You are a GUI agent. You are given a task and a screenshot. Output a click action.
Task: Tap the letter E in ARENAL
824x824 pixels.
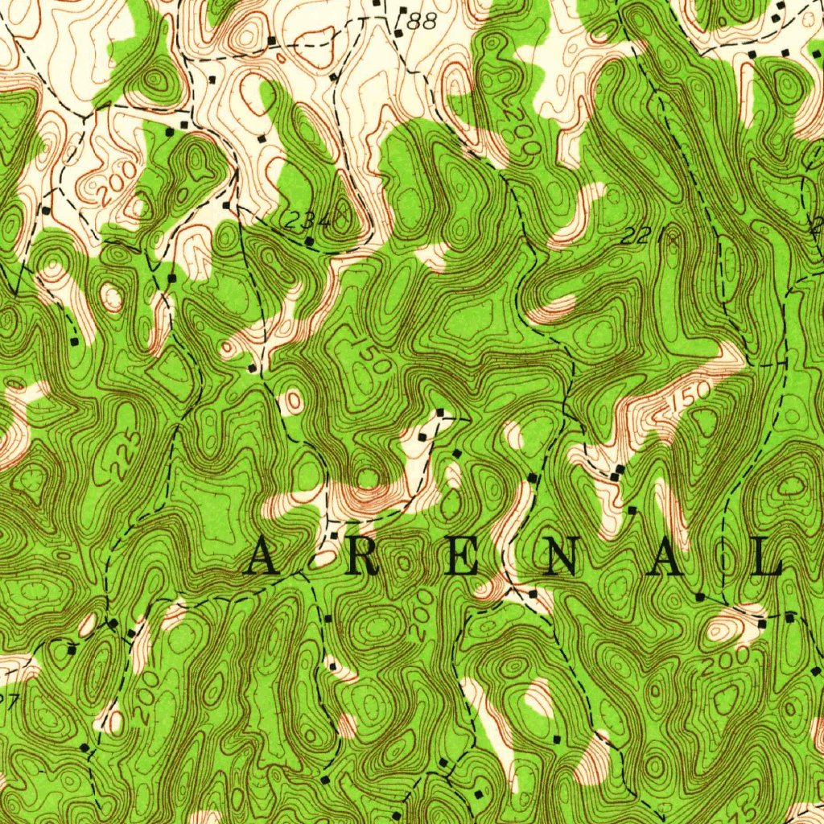pyautogui.click(x=463, y=558)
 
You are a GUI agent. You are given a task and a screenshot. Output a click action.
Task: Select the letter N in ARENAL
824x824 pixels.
pyautogui.click(x=560, y=558)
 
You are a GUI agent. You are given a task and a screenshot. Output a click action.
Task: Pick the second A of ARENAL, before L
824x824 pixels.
pyautogui.click(x=667, y=558)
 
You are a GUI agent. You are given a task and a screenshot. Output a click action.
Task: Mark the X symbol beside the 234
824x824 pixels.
pyautogui.click(x=341, y=216)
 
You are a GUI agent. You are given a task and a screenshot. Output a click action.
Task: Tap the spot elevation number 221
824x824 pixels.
pyautogui.click(x=636, y=237)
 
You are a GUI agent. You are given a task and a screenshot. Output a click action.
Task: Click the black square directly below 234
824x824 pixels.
pyautogui.click(x=310, y=241)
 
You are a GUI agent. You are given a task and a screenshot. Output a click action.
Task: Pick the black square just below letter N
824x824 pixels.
pyautogui.click(x=533, y=593)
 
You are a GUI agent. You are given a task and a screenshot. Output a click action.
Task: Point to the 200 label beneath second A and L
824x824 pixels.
pyautogui.click(x=723, y=661)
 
